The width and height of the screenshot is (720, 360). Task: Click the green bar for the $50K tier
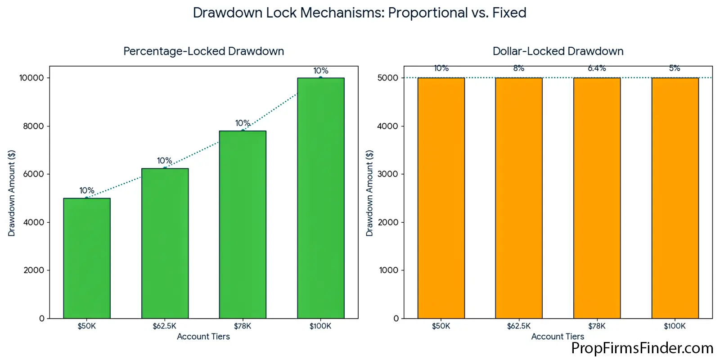click(87, 258)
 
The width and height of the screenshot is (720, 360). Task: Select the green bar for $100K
click(320, 198)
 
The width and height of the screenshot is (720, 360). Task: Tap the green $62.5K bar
click(165, 243)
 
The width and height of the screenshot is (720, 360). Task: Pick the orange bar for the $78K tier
click(597, 198)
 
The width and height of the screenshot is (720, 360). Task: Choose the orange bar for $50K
click(441, 198)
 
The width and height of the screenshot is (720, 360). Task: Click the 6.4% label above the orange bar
click(597, 68)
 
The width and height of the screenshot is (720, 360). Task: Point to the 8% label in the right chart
click(518, 68)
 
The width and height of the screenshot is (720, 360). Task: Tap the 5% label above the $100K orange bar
click(674, 68)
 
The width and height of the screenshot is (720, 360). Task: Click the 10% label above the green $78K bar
click(243, 123)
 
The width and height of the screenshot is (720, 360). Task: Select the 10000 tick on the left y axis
click(31, 78)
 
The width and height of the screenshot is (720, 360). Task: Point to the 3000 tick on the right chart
click(388, 174)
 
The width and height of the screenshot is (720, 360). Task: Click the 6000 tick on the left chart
click(33, 174)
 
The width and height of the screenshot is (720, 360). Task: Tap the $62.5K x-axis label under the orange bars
click(518, 326)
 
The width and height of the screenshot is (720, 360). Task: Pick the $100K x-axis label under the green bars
click(320, 326)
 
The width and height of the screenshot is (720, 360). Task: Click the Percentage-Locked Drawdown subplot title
click(203, 51)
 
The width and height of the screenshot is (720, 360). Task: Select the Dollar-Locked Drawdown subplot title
click(558, 51)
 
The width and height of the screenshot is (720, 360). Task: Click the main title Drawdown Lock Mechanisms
click(360, 13)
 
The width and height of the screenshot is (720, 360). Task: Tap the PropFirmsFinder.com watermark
click(642, 348)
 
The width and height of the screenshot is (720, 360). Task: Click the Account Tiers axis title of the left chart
click(203, 337)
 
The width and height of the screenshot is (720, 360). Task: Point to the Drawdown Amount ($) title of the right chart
click(369, 193)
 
